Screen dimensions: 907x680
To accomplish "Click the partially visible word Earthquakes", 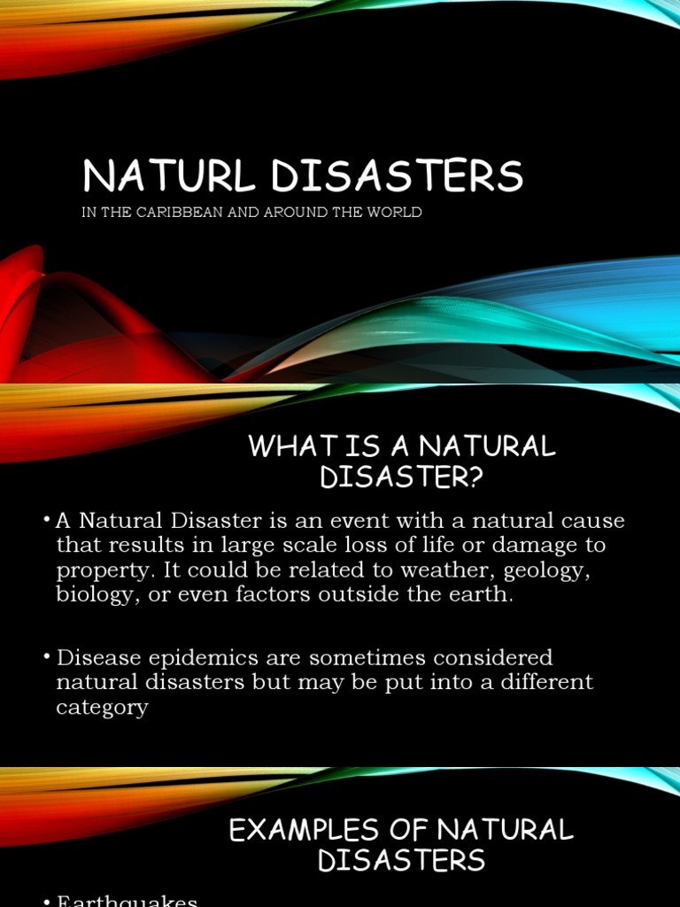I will point(127,900).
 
